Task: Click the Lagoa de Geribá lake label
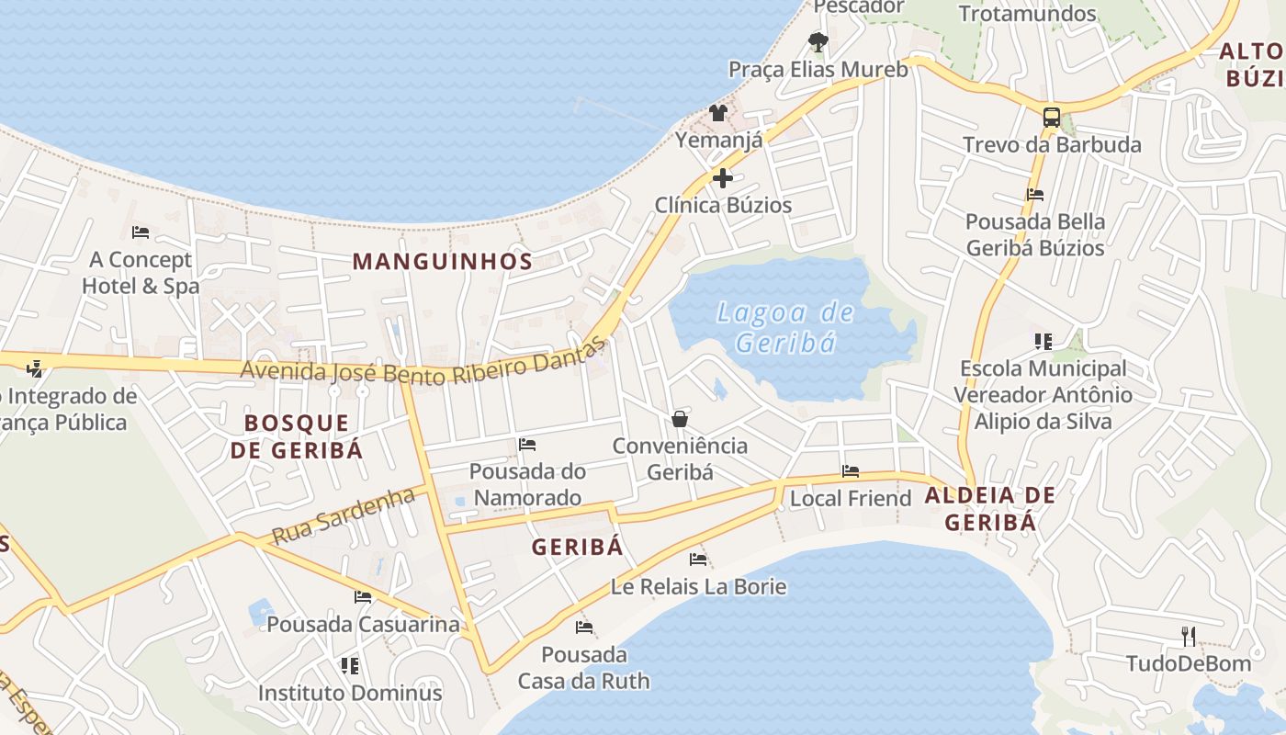(785, 327)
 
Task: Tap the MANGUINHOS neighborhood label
(443, 261)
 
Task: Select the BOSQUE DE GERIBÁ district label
(297, 436)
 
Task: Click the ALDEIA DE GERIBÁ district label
(990, 508)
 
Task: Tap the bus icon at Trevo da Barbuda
(1052, 118)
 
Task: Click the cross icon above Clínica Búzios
(723, 177)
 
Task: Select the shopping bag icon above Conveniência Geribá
(680, 419)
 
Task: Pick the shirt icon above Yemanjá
(718, 113)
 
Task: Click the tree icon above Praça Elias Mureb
(818, 41)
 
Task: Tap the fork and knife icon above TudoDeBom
(1189, 636)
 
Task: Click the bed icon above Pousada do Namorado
(527, 445)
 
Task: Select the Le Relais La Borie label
(699, 586)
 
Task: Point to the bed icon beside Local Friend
(851, 471)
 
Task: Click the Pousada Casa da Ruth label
(583, 668)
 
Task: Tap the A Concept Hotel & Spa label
(141, 273)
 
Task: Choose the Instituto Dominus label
(349, 693)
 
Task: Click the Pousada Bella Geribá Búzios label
(1035, 234)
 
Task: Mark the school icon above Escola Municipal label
(1043, 342)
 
